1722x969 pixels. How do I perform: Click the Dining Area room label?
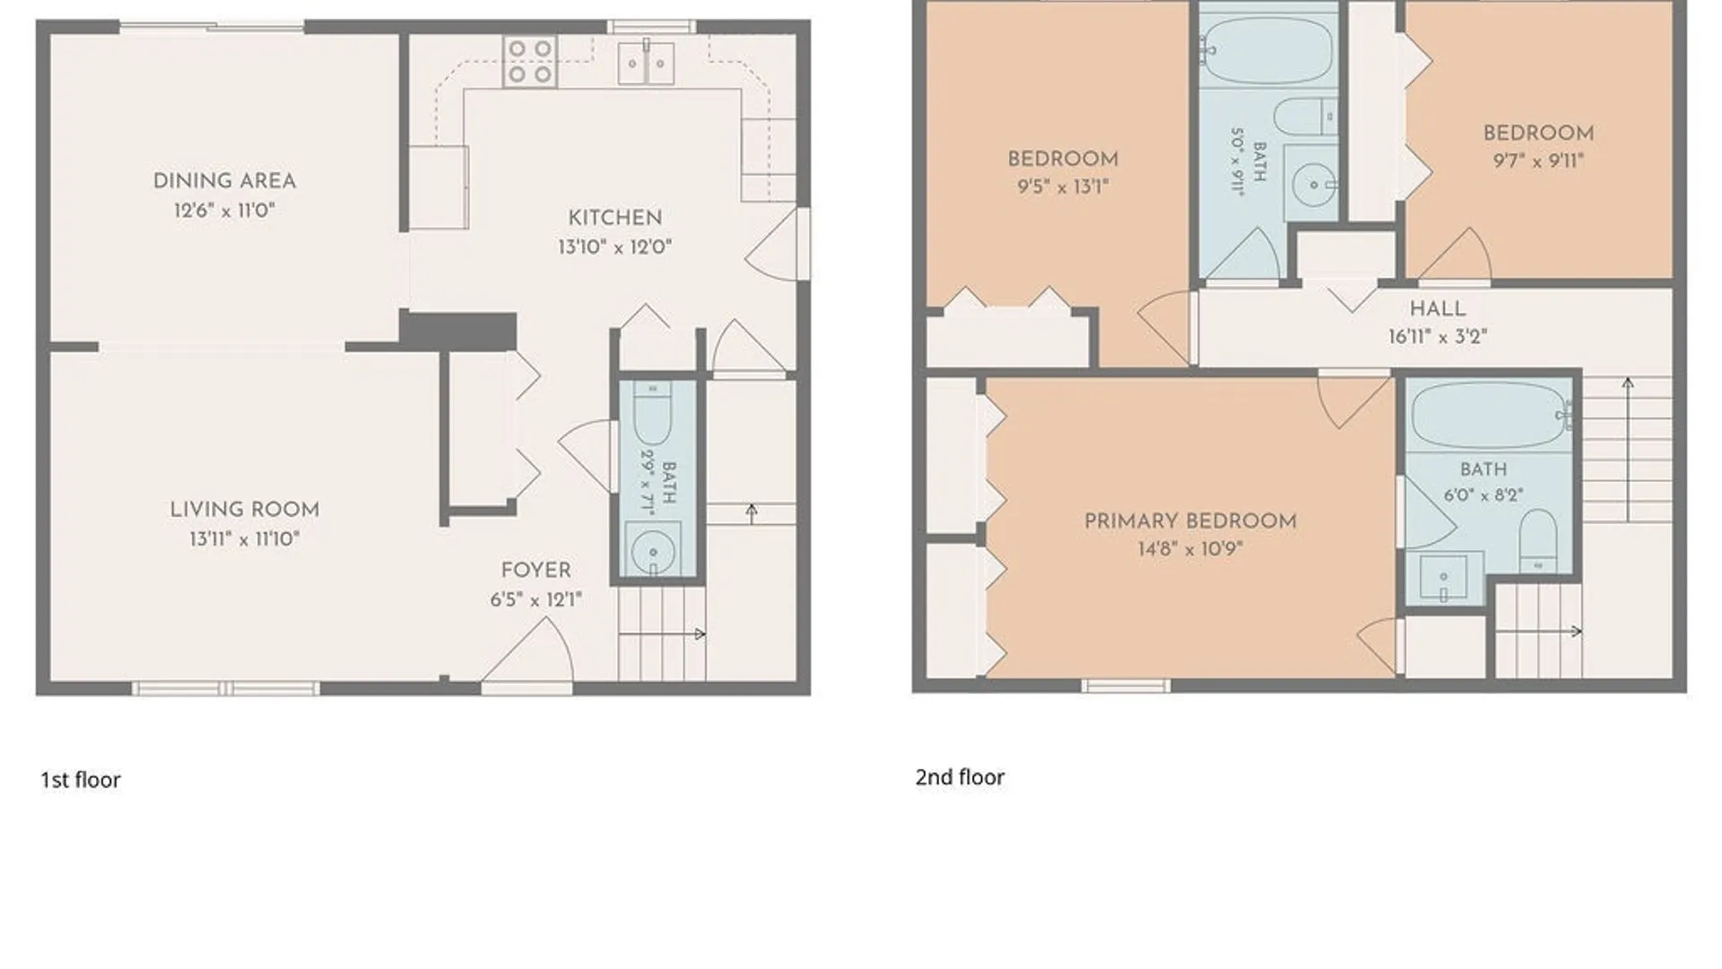click(224, 180)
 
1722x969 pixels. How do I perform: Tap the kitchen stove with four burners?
click(529, 61)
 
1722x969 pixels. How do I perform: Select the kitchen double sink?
click(646, 63)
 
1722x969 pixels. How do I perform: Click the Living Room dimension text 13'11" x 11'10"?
click(244, 538)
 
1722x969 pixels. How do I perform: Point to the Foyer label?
click(535, 571)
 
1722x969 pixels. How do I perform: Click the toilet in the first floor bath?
click(652, 413)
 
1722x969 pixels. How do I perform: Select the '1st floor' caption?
click(80, 780)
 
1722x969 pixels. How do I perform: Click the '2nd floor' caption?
click(960, 777)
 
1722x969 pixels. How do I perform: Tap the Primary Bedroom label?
click(1190, 521)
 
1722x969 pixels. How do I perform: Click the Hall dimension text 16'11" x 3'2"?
click(1438, 336)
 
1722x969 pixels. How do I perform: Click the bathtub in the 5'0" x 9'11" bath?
click(1266, 51)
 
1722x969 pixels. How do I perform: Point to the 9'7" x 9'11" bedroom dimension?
click(1538, 161)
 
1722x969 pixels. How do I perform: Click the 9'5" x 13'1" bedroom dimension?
click(1063, 187)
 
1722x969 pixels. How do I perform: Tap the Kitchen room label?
click(615, 218)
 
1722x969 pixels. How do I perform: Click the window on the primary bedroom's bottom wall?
click(1126, 686)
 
